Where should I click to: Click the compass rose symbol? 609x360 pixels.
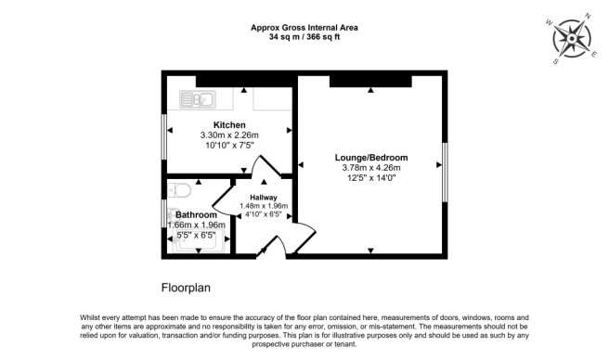click(x=573, y=40)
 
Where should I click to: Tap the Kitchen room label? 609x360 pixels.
click(x=229, y=124)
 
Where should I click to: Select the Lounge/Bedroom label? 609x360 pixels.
click(x=371, y=158)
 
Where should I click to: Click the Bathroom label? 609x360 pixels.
click(x=196, y=214)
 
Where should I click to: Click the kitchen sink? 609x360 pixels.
click(x=198, y=97)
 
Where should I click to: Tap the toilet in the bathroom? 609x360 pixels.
click(x=180, y=191)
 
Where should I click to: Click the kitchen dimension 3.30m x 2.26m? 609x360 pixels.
click(x=229, y=135)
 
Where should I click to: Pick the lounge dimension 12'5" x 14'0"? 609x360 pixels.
click(x=371, y=178)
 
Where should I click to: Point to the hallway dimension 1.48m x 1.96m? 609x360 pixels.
click(x=264, y=206)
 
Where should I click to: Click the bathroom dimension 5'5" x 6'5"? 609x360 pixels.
click(x=196, y=235)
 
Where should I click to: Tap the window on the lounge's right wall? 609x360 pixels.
click(x=445, y=171)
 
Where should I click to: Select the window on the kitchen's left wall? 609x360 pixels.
click(x=164, y=135)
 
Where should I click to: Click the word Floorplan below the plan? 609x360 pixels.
click(x=188, y=286)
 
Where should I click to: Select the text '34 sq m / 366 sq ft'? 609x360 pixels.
click(x=304, y=39)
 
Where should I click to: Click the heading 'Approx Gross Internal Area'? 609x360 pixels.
click(x=304, y=28)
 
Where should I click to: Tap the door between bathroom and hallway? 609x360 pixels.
click(x=223, y=200)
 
